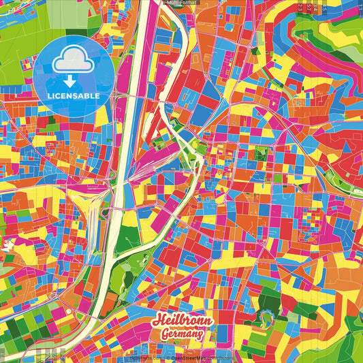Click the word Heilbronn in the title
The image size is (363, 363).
pos(183,320)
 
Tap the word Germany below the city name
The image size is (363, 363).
pos(183,333)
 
